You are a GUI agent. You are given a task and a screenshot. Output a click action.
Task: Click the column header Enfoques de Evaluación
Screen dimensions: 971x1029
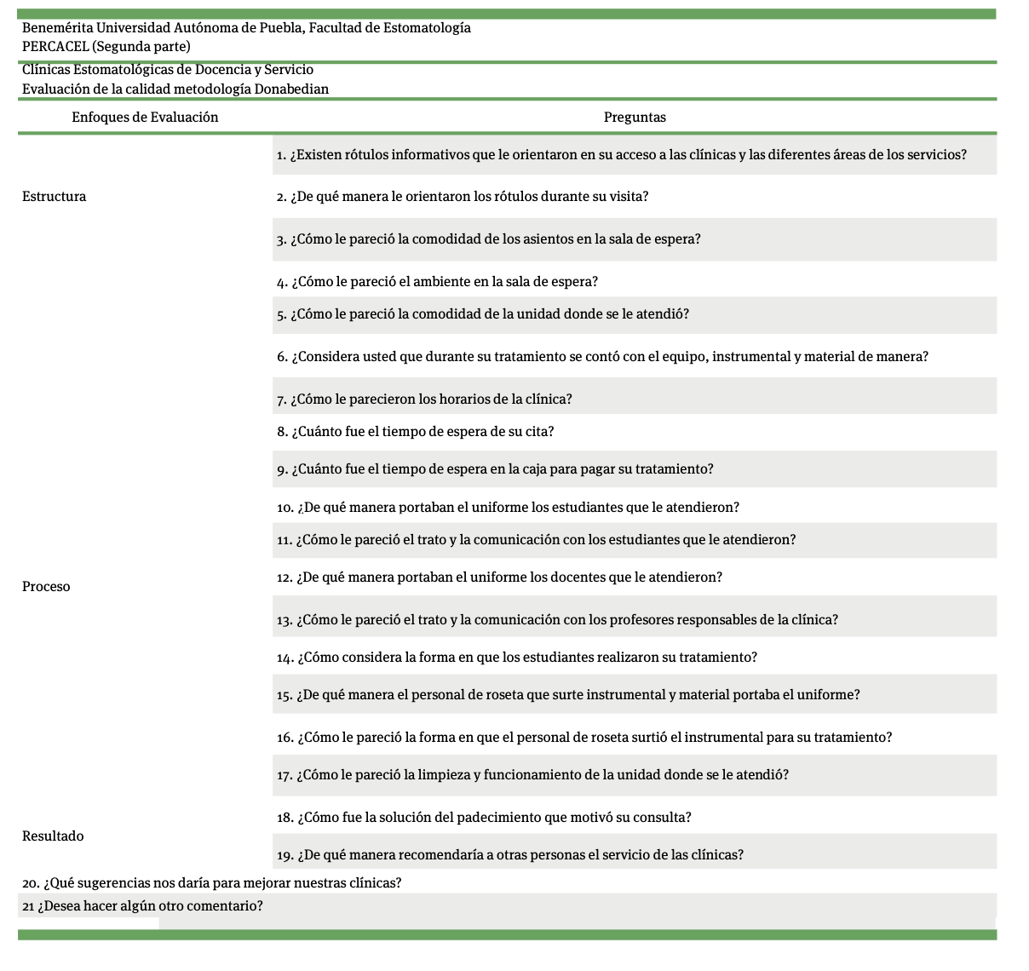pos(145,118)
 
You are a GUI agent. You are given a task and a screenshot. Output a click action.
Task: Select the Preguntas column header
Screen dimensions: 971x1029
pos(635,118)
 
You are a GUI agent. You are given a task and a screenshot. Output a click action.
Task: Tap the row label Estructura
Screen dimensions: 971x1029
pos(54,197)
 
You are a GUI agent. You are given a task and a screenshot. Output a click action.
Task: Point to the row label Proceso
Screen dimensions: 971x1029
pos(46,587)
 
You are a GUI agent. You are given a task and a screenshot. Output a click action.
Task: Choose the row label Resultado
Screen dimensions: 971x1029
pos(53,836)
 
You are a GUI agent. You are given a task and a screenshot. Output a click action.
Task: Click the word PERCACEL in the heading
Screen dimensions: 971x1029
pos(55,47)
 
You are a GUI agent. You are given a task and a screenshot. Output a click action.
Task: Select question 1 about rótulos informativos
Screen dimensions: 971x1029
pos(622,155)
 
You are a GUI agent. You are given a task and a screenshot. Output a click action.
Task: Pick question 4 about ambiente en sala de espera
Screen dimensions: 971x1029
pos(437,282)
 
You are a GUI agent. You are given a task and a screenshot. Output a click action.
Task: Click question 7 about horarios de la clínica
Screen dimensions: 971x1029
pos(424,399)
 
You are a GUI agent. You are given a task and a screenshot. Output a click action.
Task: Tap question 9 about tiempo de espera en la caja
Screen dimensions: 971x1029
pos(495,469)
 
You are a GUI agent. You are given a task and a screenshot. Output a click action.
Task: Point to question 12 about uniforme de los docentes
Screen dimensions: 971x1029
pos(499,577)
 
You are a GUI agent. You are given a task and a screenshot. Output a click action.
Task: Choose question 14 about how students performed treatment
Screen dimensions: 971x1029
pos(517,658)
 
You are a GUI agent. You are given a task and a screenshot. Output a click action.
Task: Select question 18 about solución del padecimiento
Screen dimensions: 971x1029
pos(484,818)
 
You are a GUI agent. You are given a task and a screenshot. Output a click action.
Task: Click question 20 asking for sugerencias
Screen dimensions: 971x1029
pos(211,883)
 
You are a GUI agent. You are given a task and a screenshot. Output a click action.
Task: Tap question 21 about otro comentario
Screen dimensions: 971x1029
pos(142,906)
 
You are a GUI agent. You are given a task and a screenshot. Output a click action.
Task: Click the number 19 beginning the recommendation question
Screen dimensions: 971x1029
pos(285,855)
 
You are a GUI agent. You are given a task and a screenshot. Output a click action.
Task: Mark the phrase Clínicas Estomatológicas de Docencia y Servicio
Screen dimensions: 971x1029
pos(168,70)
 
